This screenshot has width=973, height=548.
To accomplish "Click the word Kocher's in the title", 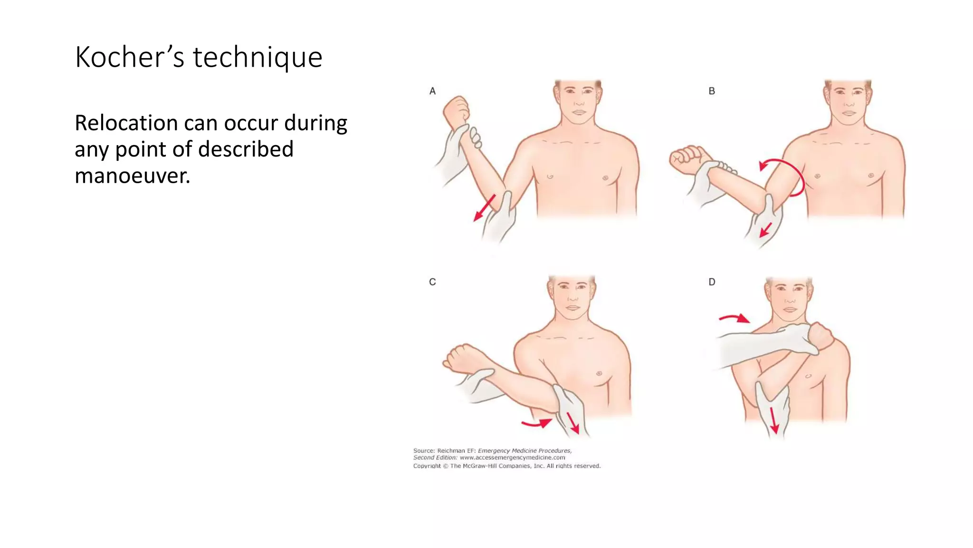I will [x=129, y=58].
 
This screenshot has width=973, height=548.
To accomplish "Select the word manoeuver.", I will [x=132, y=176].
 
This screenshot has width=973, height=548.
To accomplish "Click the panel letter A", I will [x=432, y=91].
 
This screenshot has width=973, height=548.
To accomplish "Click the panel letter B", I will [x=712, y=91].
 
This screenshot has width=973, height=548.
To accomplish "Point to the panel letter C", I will [x=432, y=282].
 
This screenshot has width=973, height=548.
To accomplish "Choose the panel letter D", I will [x=712, y=282].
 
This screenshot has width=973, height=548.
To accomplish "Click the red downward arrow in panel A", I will [x=484, y=208].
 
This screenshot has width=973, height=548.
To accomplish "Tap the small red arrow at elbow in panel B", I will [x=765, y=230].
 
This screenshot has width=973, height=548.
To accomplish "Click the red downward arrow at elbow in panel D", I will [x=773, y=421].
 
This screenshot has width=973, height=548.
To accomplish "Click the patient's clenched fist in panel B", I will [x=686, y=159].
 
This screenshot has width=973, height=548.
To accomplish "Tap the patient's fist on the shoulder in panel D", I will [x=821, y=336].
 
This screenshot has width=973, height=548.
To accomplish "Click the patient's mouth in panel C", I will [x=572, y=308].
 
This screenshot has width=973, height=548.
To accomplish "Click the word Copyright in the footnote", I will [x=427, y=466].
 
